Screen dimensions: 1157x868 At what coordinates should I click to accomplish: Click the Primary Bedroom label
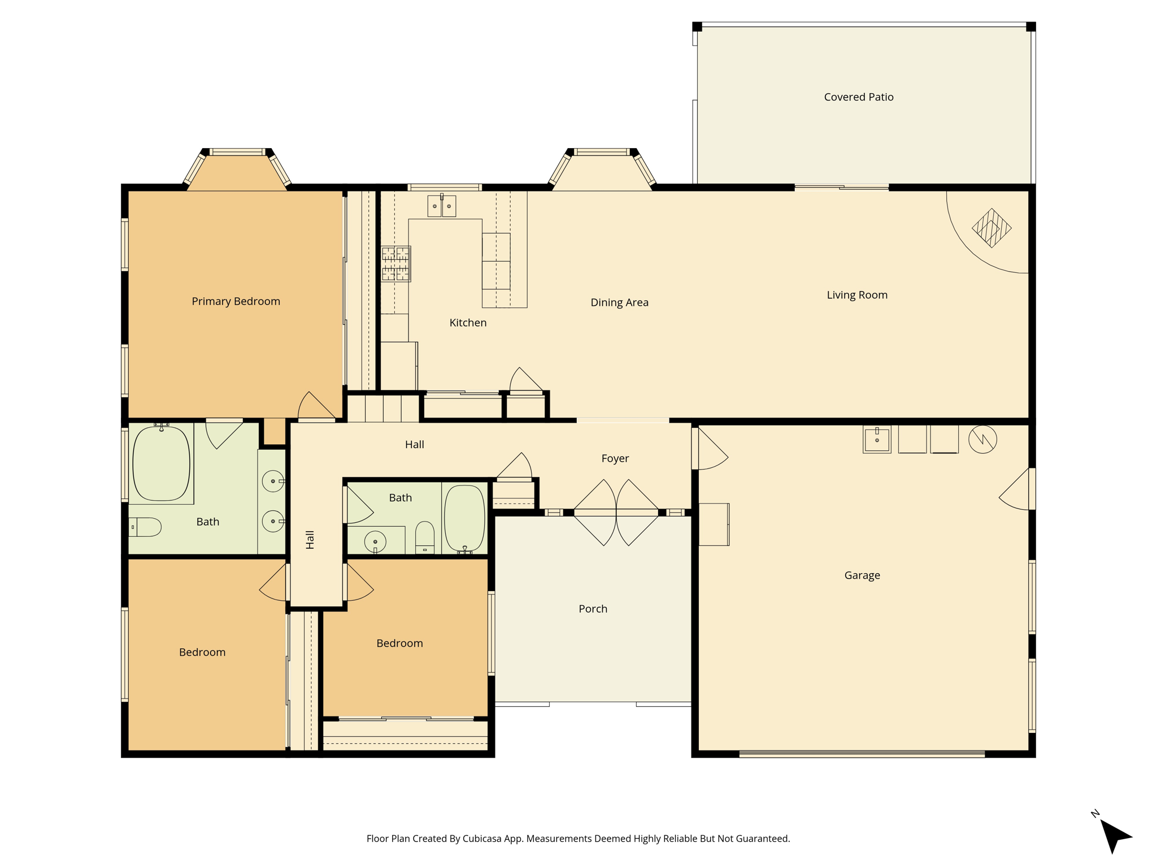236,301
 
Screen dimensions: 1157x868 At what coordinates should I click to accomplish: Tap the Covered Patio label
859,97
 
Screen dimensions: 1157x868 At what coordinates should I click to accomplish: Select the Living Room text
857,295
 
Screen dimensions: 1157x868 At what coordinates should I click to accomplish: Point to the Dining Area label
619,302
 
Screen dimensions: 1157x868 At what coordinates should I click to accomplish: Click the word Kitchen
468,323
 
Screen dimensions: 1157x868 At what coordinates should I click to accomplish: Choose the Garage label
862,575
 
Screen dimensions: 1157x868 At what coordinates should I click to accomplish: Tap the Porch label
593,609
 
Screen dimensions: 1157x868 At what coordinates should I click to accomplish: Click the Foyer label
615,458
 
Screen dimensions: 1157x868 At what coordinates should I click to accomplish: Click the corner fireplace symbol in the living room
991,228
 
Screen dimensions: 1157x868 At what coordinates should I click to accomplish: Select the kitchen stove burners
395,264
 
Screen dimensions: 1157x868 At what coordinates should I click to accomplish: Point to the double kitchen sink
442,206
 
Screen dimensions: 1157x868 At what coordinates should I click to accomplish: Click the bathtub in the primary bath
161,463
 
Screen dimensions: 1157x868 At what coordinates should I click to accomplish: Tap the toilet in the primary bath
145,527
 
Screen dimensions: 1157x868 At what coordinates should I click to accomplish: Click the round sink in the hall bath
375,542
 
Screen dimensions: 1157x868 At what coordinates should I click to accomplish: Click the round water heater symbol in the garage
982,439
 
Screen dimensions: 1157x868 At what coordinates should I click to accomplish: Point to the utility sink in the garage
877,440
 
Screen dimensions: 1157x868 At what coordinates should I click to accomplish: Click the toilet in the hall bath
425,537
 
